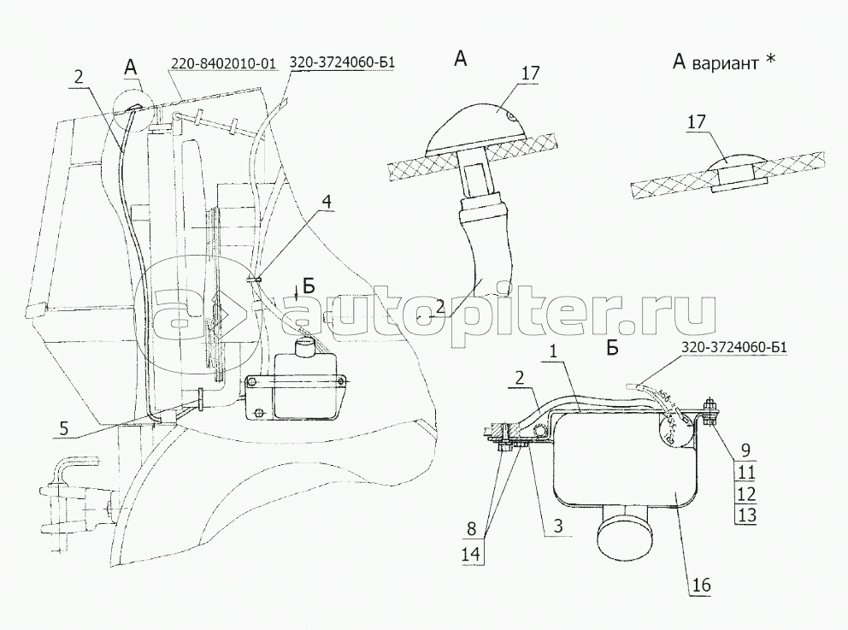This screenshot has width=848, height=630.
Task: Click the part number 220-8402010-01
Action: (x=223, y=64)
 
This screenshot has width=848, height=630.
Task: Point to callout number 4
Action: (x=326, y=201)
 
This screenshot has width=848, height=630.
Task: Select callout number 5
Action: (x=64, y=429)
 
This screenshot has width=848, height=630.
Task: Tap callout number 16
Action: (x=701, y=585)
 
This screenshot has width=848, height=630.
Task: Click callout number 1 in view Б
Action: (x=553, y=351)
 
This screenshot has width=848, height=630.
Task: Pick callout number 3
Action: (x=559, y=525)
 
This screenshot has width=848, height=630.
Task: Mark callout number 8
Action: (x=472, y=528)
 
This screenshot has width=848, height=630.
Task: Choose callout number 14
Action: (x=473, y=554)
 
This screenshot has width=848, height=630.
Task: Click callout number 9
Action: (x=745, y=449)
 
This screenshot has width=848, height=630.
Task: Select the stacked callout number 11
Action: (x=746, y=472)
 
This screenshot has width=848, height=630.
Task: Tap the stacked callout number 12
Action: (x=746, y=493)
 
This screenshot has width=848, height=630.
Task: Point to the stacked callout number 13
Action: (x=746, y=515)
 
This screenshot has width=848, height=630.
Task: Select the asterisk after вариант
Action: (x=770, y=59)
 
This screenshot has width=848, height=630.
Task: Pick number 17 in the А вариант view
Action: (x=697, y=121)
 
